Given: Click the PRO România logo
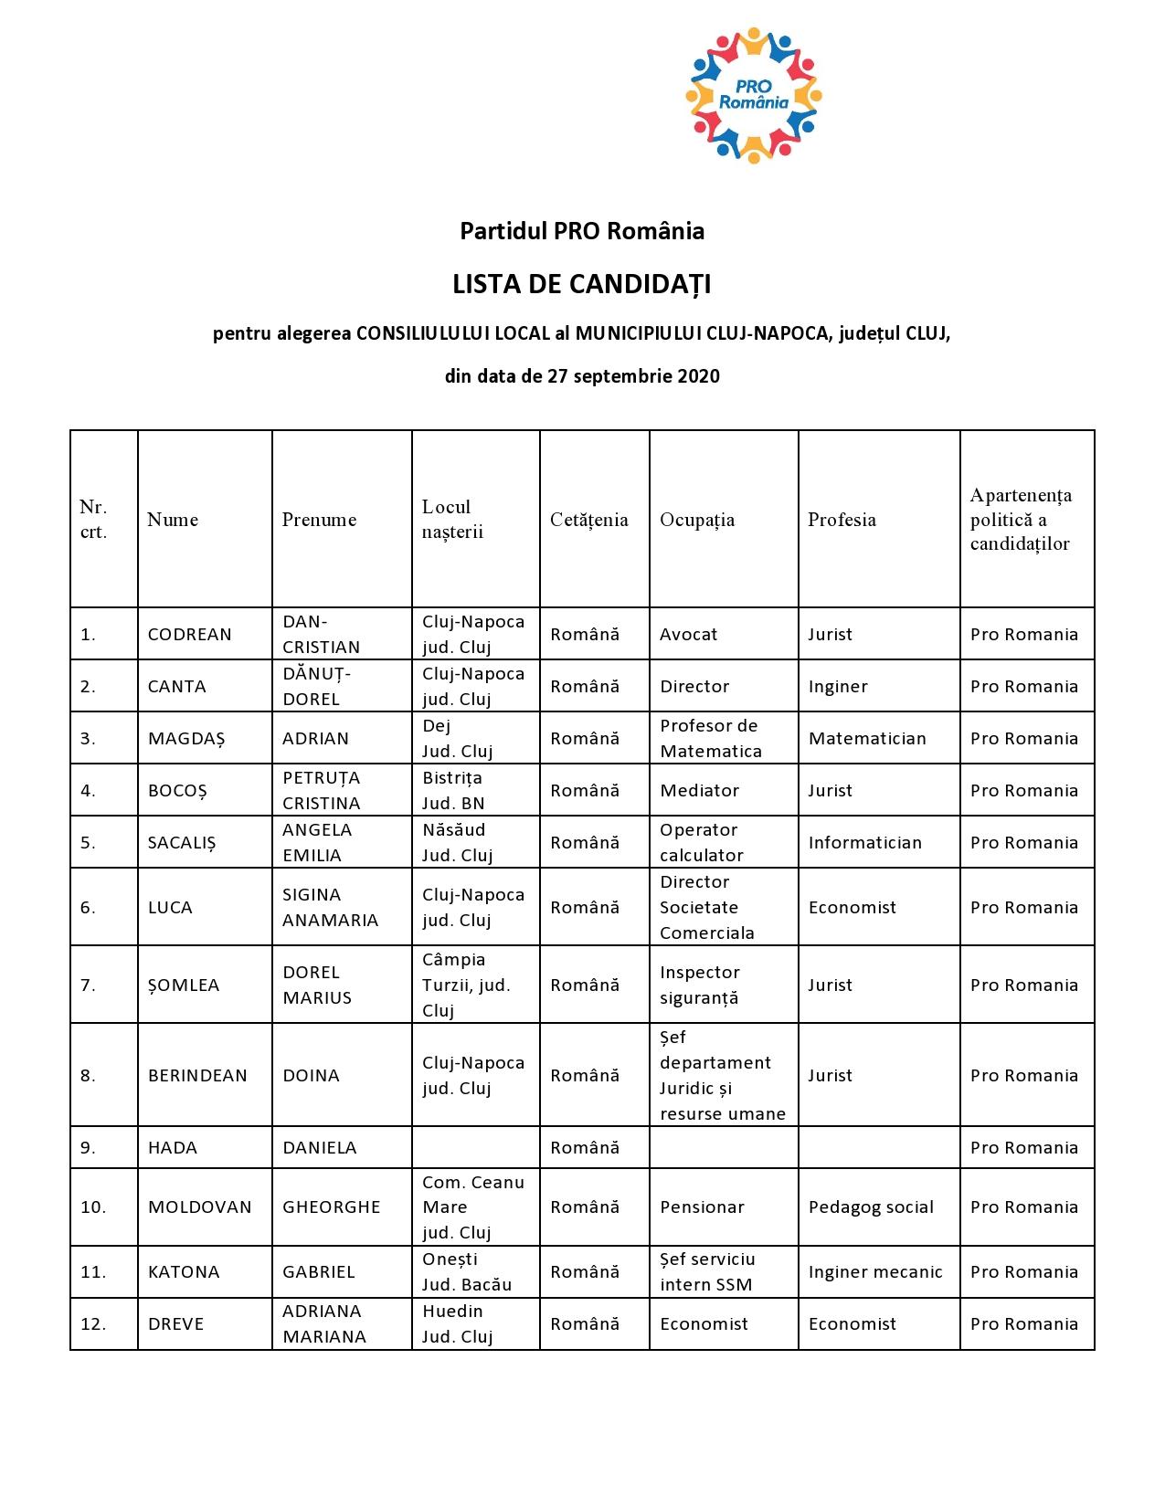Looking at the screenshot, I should point(753,96).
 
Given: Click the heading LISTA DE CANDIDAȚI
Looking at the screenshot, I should point(582,285).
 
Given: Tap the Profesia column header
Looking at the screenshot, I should point(842,520).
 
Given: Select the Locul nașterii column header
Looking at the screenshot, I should point(452,520).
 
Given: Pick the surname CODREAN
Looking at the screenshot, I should point(190,635).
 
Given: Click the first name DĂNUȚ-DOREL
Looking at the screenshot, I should point(315,687).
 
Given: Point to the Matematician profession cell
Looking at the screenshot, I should point(867,739).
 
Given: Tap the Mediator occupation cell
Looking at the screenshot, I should point(699,791).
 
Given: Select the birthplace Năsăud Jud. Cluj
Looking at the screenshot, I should point(457,843).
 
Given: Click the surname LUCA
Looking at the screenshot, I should point(170,908).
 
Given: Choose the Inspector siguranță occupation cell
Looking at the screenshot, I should point(699,985).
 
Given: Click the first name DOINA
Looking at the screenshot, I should point(311,1076).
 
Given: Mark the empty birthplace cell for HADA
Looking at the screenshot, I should point(475,1148).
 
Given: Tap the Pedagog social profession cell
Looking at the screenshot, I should point(871,1207).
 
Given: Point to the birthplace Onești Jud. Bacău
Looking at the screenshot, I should point(467,1272).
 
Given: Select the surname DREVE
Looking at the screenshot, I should point(175,1324).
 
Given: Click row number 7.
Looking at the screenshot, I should point(88,985).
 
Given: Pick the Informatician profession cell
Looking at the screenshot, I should point(864,843).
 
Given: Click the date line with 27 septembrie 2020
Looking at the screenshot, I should point(582,376).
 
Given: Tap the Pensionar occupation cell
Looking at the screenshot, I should point(702,1207).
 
